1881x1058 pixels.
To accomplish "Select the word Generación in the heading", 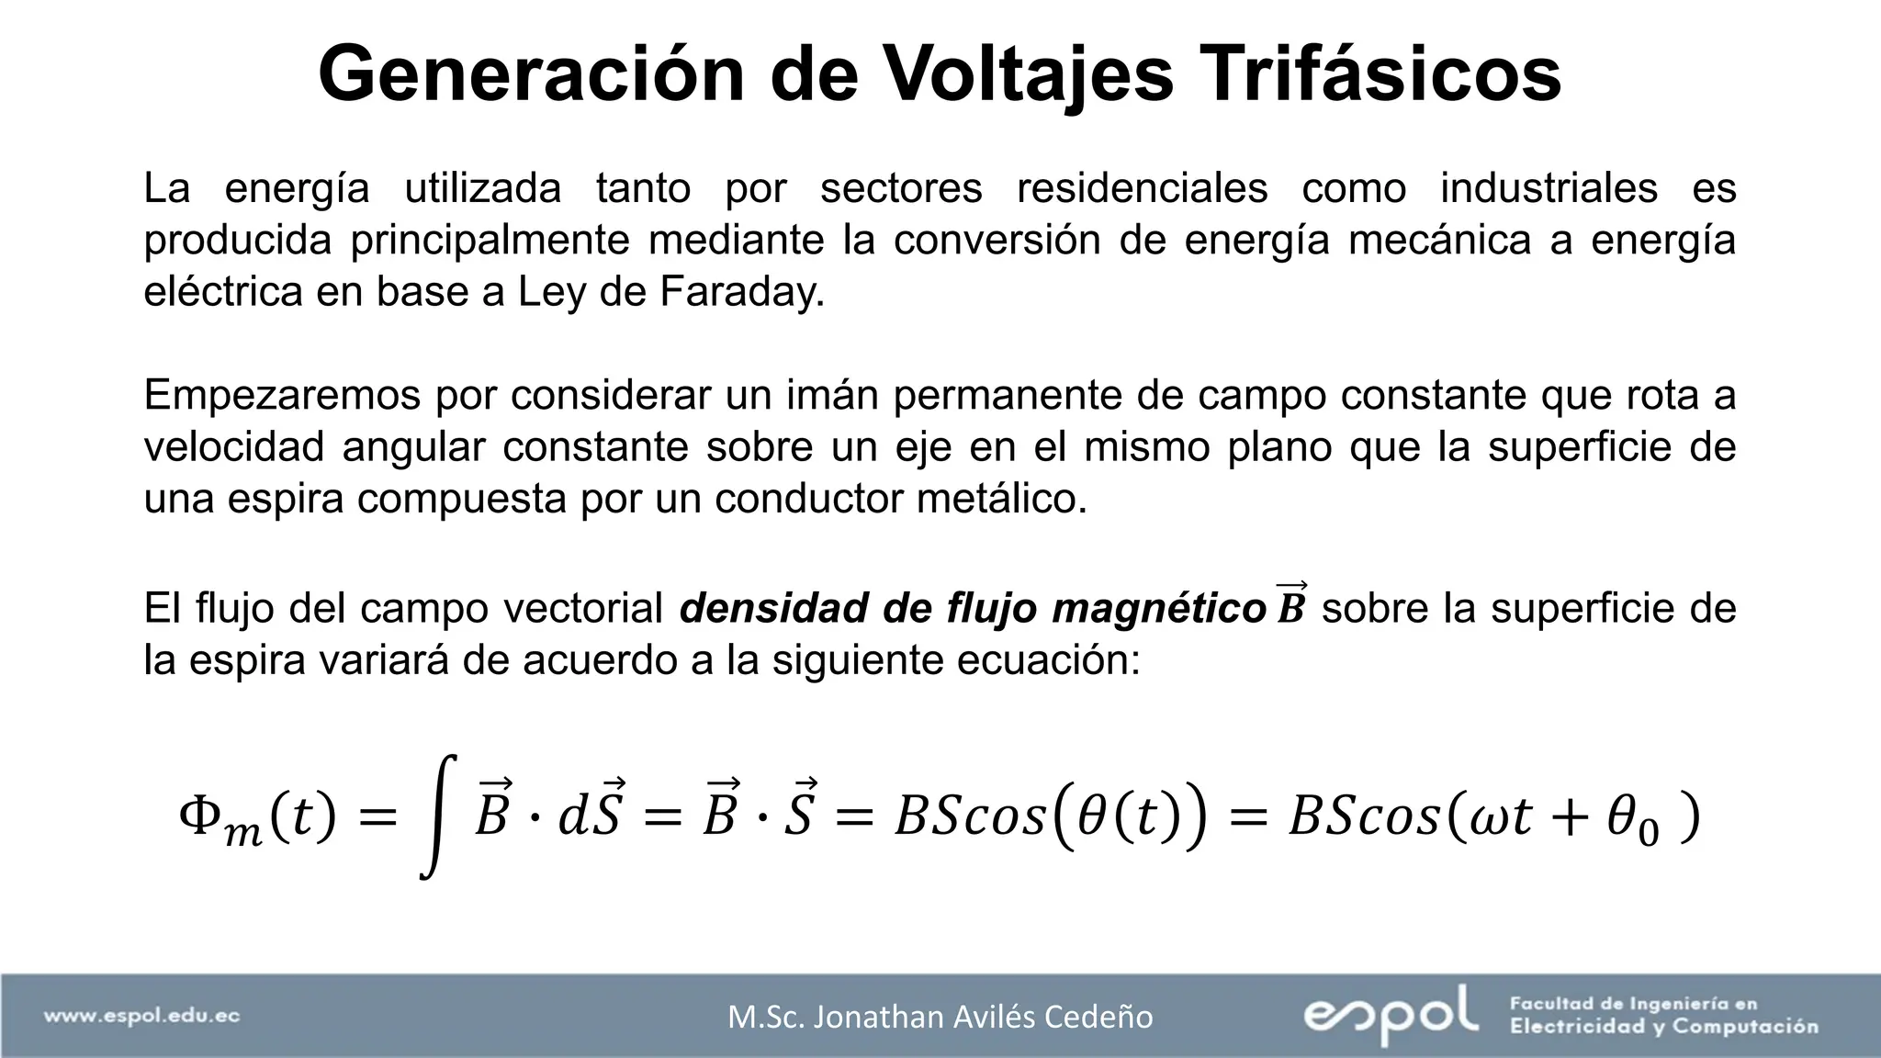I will (x=531, y=74).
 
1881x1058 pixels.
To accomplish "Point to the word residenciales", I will (x=1142, y=188).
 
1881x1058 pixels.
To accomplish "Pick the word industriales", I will (x=1549, y=188).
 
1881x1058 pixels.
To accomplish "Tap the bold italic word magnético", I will (x=1159, y=608).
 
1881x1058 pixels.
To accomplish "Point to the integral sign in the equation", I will (x=439, y=816).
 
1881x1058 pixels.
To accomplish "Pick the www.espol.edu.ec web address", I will (x=142, y=1016).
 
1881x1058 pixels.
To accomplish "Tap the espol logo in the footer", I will (x=1391, y=1015).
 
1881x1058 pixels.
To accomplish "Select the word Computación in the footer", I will (x=1745, y=1027).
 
